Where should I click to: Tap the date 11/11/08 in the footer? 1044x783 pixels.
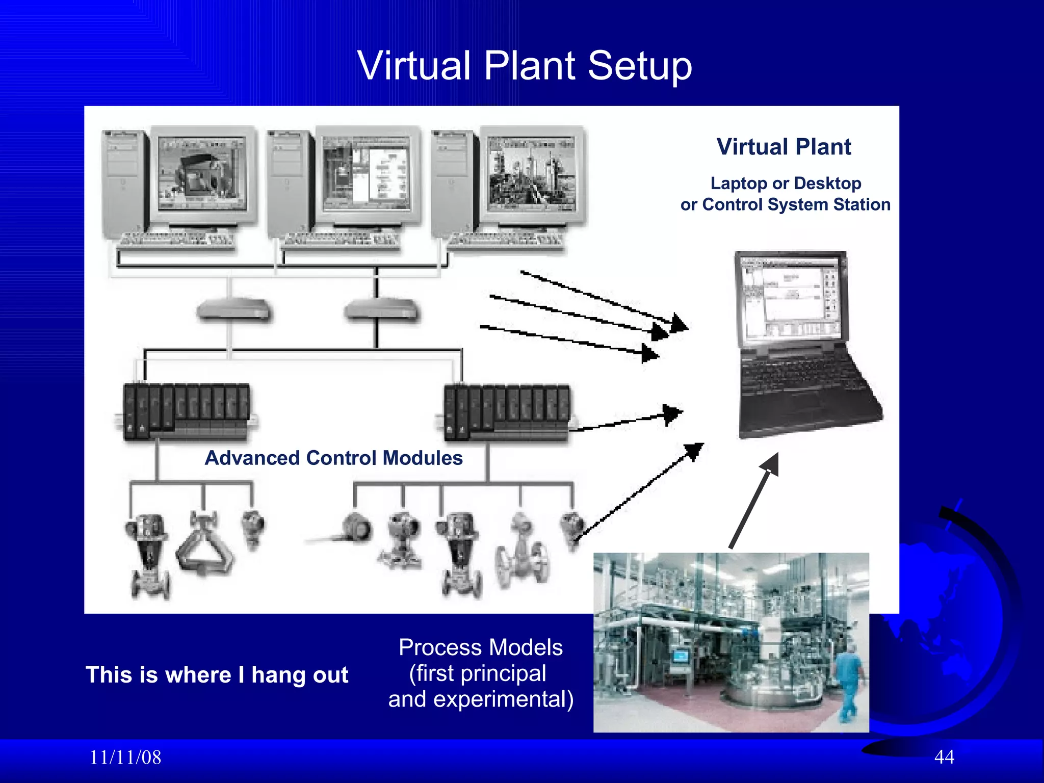125,757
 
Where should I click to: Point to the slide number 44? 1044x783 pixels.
944,756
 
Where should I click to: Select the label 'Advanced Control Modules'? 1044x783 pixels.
333,458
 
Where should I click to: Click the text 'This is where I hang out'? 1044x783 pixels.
217,674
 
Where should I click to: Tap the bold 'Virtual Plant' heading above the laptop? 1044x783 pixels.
784,147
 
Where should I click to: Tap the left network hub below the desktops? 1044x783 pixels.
233,310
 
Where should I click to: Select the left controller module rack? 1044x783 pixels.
187,412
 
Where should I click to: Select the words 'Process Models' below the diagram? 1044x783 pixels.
480,647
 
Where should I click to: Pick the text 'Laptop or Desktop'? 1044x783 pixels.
786,183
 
